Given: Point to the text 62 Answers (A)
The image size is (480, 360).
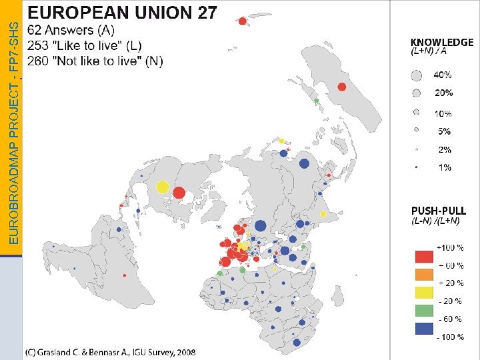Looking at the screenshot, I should point(71,30).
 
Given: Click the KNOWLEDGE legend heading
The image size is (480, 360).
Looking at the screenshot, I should point(442,41).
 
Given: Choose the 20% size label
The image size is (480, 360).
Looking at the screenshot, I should point(443,93).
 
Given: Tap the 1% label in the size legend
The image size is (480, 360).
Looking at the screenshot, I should point(444,167).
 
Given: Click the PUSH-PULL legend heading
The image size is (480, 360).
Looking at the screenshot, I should point(439,211).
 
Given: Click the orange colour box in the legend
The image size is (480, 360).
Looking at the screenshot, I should point(423,274).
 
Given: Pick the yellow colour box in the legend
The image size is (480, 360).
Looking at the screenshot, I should point(423,292).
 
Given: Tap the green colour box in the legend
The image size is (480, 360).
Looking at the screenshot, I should point(423,310).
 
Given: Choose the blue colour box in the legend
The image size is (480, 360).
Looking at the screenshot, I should point(423,327).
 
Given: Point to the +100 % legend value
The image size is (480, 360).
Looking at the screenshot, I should point(450,247).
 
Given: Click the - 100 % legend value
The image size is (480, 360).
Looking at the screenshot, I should point(450,337).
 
